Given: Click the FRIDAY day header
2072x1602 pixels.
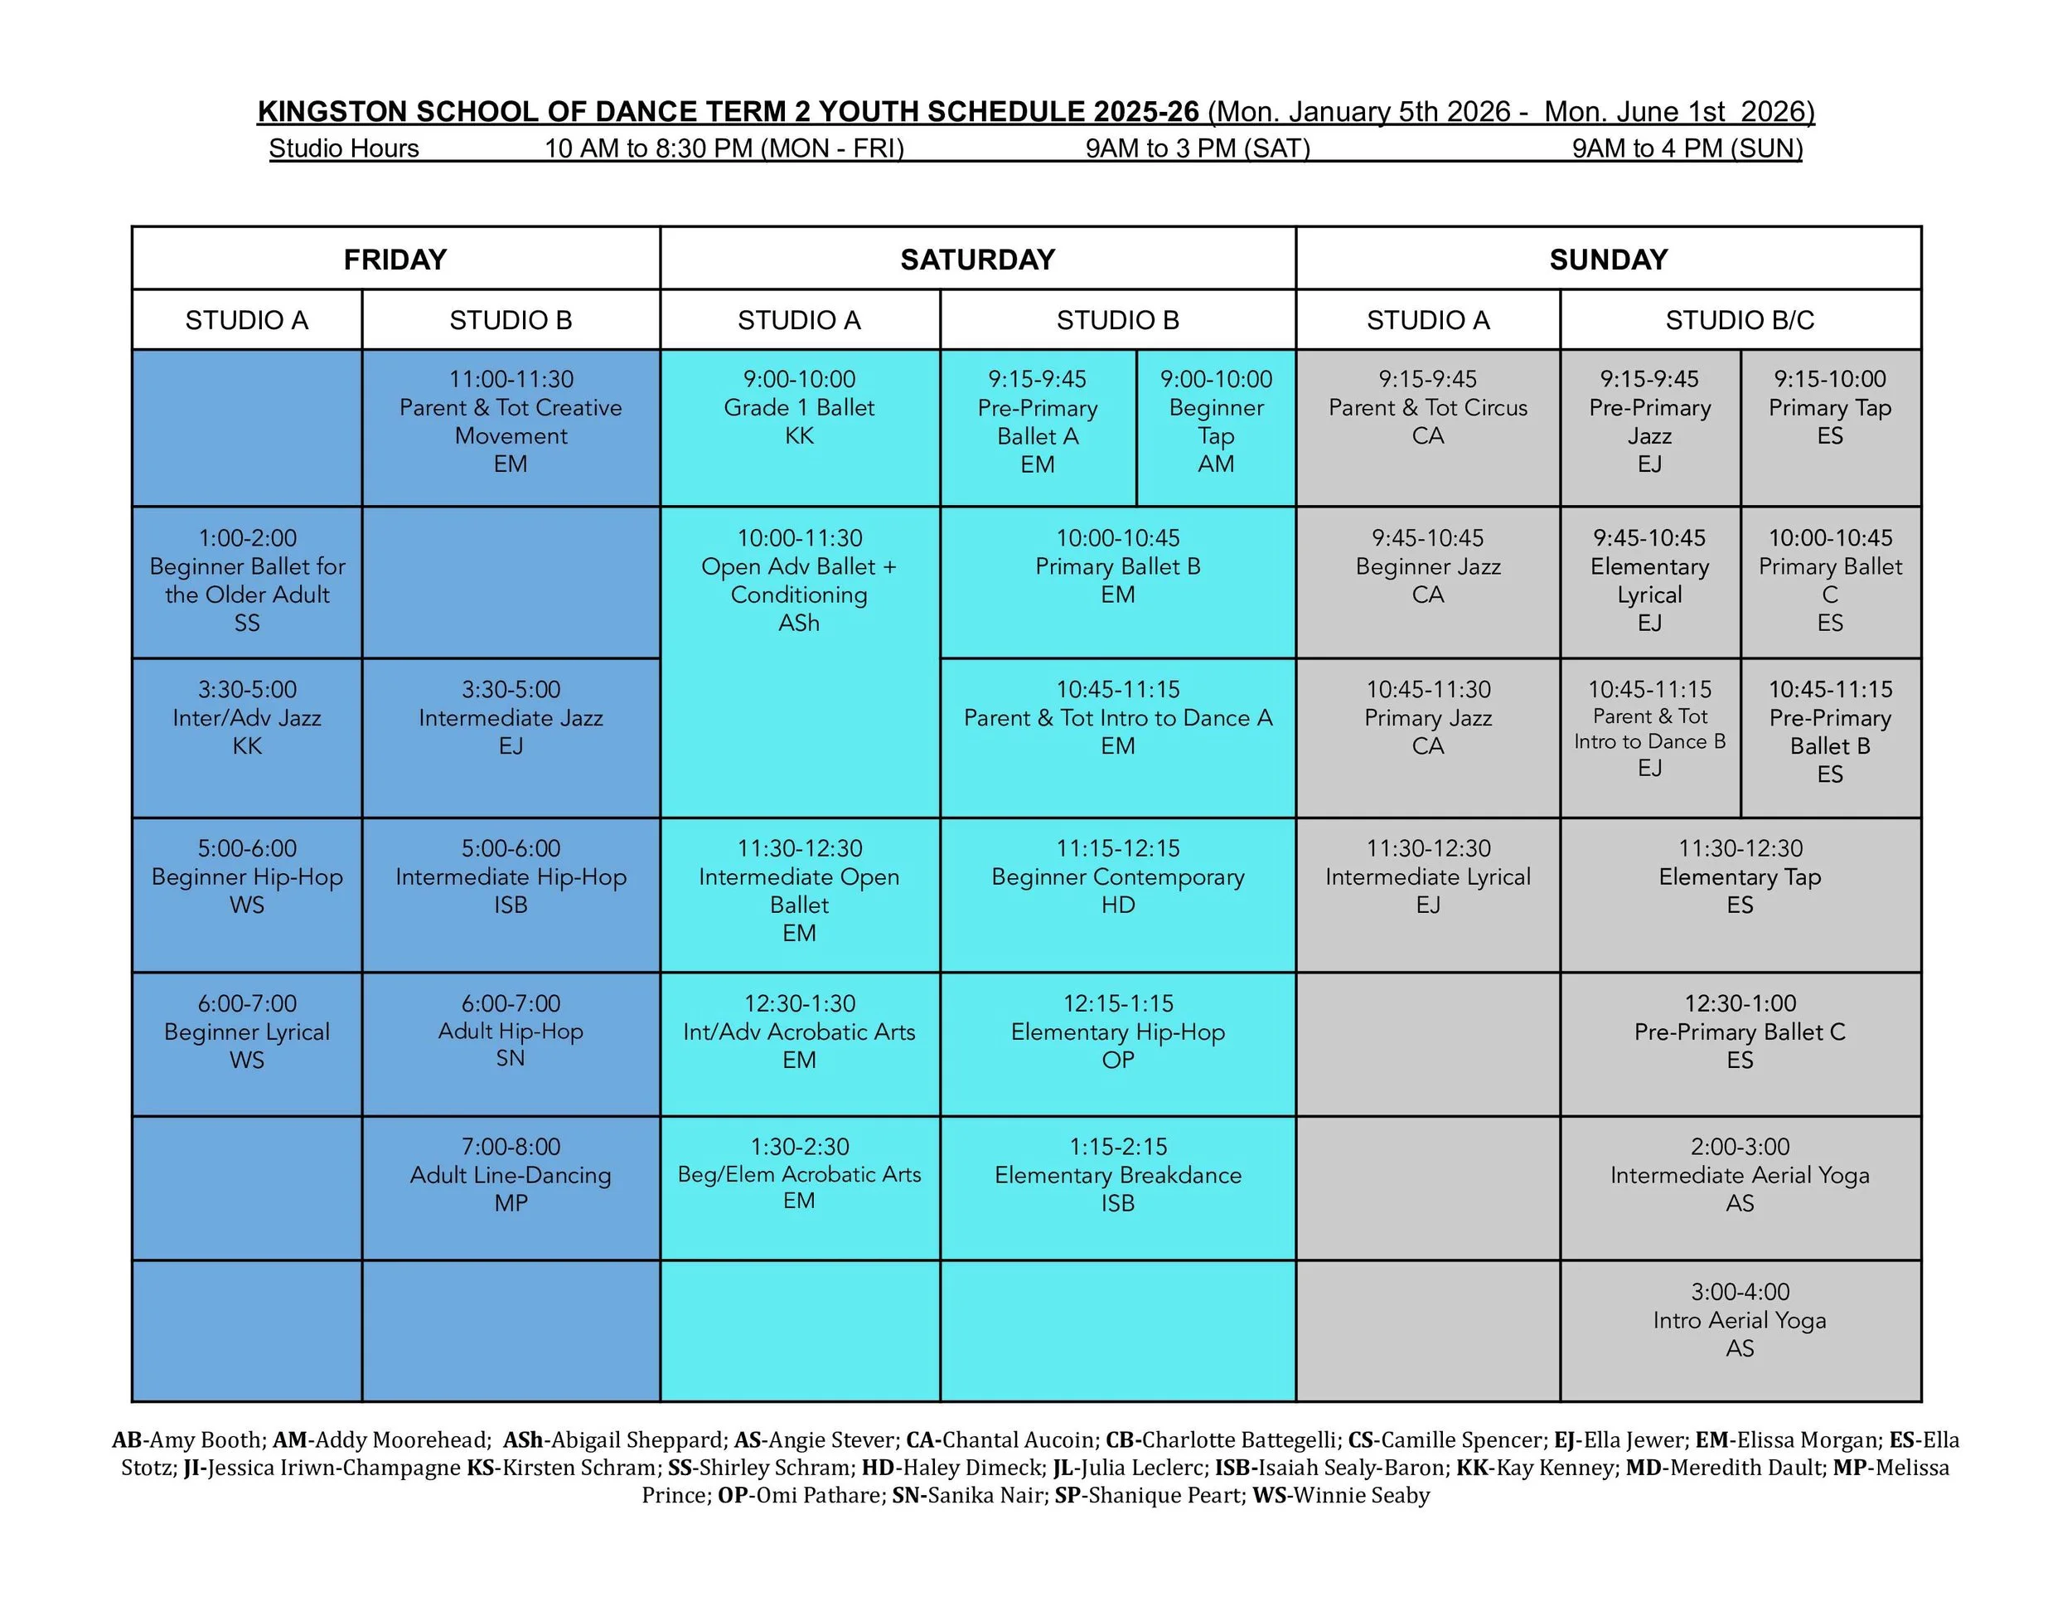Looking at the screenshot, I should (x=395, y=259).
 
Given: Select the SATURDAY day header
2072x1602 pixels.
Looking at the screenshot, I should (x=977, y=259).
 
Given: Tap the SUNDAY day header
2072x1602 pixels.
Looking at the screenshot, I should (x=1608, y=259).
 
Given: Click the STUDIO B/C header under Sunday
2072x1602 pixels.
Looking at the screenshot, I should (x=1739, y=320).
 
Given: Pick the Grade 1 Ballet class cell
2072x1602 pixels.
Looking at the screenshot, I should (x=799, y=408).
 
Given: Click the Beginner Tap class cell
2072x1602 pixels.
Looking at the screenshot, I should (x=1215, y=422).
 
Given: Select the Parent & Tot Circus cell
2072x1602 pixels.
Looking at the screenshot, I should (x=1427, y=408).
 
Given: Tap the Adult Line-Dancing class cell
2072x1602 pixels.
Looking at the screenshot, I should (x=511, y=1175).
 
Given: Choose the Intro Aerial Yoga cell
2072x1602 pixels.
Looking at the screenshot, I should (x=1739, y=1320).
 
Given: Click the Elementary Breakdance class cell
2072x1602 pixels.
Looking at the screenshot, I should (x=1117, y=1175).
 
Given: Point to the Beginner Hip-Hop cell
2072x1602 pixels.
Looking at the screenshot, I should (x=247, y=877).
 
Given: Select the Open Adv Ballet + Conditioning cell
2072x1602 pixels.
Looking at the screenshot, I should (x=799, y=580).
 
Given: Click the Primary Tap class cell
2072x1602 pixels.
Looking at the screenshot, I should (x=1829, y=408).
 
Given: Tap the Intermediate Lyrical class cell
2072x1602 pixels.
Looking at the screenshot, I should (x=1427, y=877).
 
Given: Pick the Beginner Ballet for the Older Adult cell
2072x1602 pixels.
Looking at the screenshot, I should (x=247, y=580).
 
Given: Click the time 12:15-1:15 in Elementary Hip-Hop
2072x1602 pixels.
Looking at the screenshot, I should (x=1117, y=1003).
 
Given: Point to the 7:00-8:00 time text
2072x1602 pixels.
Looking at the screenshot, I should (x=511, y=1147).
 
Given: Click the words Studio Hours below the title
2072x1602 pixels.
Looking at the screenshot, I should (x=343, y=148).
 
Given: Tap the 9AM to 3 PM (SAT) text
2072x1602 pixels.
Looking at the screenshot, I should (x=1198, y=148).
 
